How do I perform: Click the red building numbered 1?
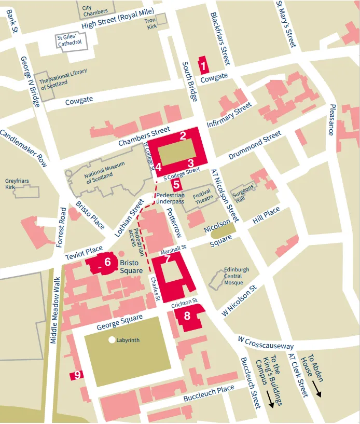click(203, 66)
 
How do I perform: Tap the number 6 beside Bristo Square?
click(108, 262)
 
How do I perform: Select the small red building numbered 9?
click(77, 375)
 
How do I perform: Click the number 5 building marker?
click(176, 183)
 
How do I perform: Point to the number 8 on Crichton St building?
click(187, 315)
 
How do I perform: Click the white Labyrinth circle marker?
click(112, 340)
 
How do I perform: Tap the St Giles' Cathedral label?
click(70, 39)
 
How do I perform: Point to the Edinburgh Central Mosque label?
click(237, 276)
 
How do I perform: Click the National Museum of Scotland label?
click(99, 177)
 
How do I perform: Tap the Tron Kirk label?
click(150, 23)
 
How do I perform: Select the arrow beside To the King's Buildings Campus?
click(270, 400)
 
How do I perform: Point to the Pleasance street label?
click(331, 120)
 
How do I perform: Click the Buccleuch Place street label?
click(208, 393)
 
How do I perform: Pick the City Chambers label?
click(95, 9)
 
